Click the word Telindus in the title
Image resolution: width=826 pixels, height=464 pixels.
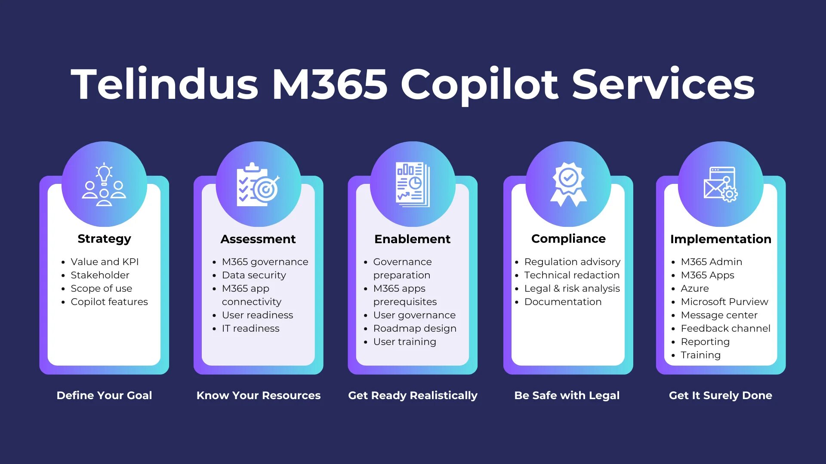[x=165, y=84]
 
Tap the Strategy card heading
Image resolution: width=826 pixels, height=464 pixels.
[x=104, y=239]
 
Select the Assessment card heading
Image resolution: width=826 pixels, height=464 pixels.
[x=258, y=239]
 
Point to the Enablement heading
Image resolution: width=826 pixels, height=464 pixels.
[x=413, y=239]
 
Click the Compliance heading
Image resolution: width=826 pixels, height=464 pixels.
[x=568, y=239]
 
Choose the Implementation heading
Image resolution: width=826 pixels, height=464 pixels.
[x=721, y=239]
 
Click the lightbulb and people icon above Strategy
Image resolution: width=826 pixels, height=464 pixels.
[x=104, y=184]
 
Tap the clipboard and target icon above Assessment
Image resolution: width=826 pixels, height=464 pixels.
[x=258, y=184]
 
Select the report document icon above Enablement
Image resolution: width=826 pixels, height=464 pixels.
[x=413, y=184]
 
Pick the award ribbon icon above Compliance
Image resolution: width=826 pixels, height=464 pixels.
[x=568, y=184]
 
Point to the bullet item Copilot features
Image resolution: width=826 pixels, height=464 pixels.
[x=109, y=302]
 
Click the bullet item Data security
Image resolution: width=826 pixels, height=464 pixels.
[x=254, y=275]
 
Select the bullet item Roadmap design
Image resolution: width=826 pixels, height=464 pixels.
[x=415, y=329]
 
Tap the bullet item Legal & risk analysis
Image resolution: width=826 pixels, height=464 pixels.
[x=572, y=289]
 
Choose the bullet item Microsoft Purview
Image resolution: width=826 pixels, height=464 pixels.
[x=724, y=302]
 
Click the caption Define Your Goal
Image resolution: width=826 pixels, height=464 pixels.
[x=104, y=395]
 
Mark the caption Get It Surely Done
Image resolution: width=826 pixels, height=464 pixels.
[x=721, y=395]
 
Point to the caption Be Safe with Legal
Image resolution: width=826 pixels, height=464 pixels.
[x=567, y=395]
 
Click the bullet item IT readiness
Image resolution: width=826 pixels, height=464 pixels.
[x=250, y=329]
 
